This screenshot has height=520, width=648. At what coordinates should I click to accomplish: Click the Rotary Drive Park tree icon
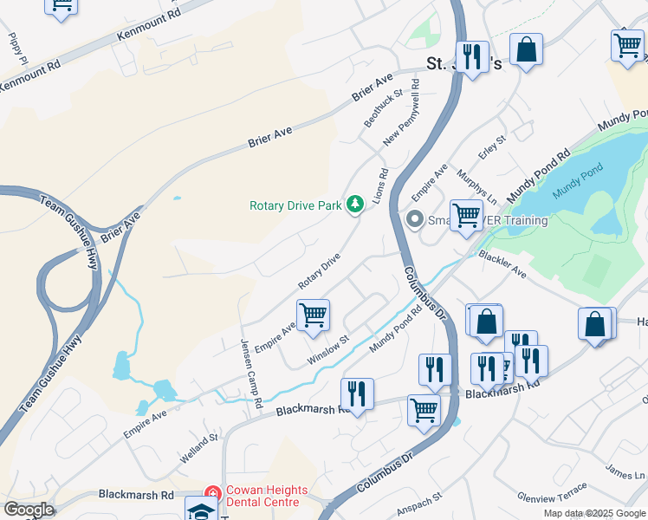coord(354,205)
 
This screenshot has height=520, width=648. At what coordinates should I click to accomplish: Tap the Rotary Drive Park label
coord(295,206)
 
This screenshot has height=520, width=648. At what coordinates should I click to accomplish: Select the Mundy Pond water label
coord(577,185)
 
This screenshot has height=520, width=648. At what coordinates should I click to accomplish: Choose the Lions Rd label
coord(379,186)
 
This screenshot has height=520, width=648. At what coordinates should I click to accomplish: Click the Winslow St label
coord(327,350)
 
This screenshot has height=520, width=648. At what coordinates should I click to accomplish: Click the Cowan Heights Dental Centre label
coord(263,496)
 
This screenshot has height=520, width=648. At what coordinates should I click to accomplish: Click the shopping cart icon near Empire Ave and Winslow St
coord(313,314)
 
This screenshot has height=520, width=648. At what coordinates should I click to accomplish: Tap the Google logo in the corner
coord(29,510)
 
